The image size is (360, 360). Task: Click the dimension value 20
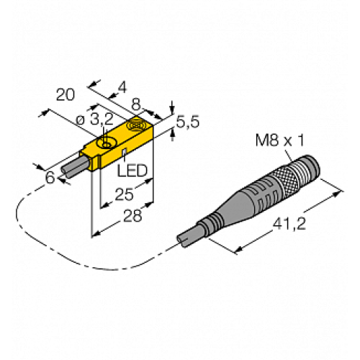tap(66, 95)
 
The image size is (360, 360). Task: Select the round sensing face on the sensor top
tap(135, 129)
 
